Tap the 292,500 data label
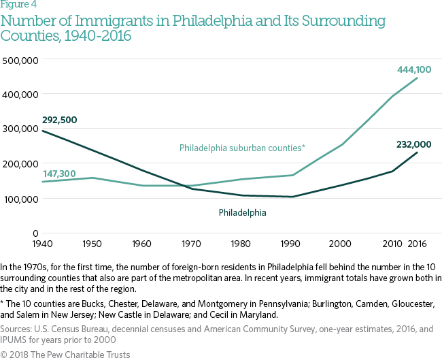pyautogui.click(x=60, y=120)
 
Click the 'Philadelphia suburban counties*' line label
pyautogui.click(x=242, y=148)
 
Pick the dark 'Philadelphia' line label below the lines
pyautogui.click(x=242, y=212)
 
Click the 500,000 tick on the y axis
pyautogui.click(x=20, y=60)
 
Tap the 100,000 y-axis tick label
pyautogui.click(x=20, y=199)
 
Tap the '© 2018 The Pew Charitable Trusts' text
pyautogui.click(x=65, y=354)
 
